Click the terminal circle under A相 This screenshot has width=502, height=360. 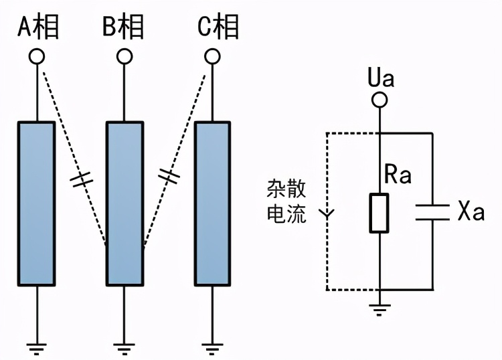[36, 56]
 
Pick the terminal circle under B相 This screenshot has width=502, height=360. [124, 56]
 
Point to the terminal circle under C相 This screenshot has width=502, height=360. [212, 56]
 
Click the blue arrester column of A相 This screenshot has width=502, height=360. [36, 203]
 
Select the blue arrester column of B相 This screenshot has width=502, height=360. [124, 203]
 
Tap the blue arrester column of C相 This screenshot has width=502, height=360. [212, 203]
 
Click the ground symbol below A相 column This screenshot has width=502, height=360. [36, 347]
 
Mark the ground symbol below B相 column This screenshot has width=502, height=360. [124, 347]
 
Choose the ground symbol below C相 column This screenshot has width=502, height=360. [212, 347]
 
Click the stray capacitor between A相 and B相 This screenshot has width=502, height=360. [81, 179]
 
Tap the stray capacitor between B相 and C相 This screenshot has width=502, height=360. [169, 177]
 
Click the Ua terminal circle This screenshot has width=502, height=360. [380, 100]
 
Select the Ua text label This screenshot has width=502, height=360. [381, 78]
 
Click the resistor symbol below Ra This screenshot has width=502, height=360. [380, 213]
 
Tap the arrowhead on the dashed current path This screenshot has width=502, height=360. [327, 215]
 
